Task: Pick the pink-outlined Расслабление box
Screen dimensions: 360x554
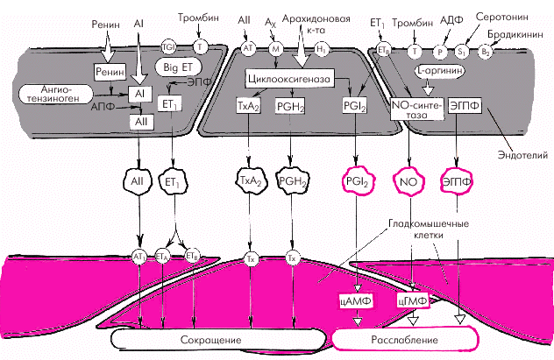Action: [x=403, y=338]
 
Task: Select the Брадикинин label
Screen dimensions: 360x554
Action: [x=523, y=32]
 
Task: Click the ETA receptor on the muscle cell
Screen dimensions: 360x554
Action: [x=162, y=256]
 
